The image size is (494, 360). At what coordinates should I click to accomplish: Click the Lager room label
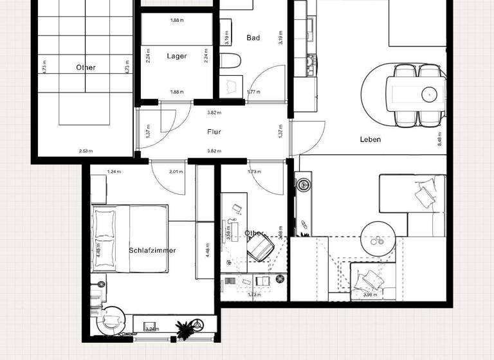point(177,57)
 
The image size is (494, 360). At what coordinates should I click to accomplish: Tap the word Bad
point(253,38)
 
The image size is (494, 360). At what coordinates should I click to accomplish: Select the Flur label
point(214,132)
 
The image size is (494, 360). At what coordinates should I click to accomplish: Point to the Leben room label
point(370,139)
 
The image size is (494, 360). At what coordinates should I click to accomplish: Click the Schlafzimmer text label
point(152,251)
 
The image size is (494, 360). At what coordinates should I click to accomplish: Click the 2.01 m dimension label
point(175,172)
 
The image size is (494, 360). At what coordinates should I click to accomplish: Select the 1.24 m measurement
point(114,172)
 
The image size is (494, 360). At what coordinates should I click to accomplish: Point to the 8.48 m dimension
point(441,139)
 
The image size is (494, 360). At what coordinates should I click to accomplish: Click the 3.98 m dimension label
point(370,295)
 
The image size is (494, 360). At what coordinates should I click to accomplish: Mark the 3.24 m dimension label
point(152,329)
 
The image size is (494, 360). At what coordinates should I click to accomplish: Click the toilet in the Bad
point(230,62)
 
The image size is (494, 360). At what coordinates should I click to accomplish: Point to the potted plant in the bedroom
point(187,328)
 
